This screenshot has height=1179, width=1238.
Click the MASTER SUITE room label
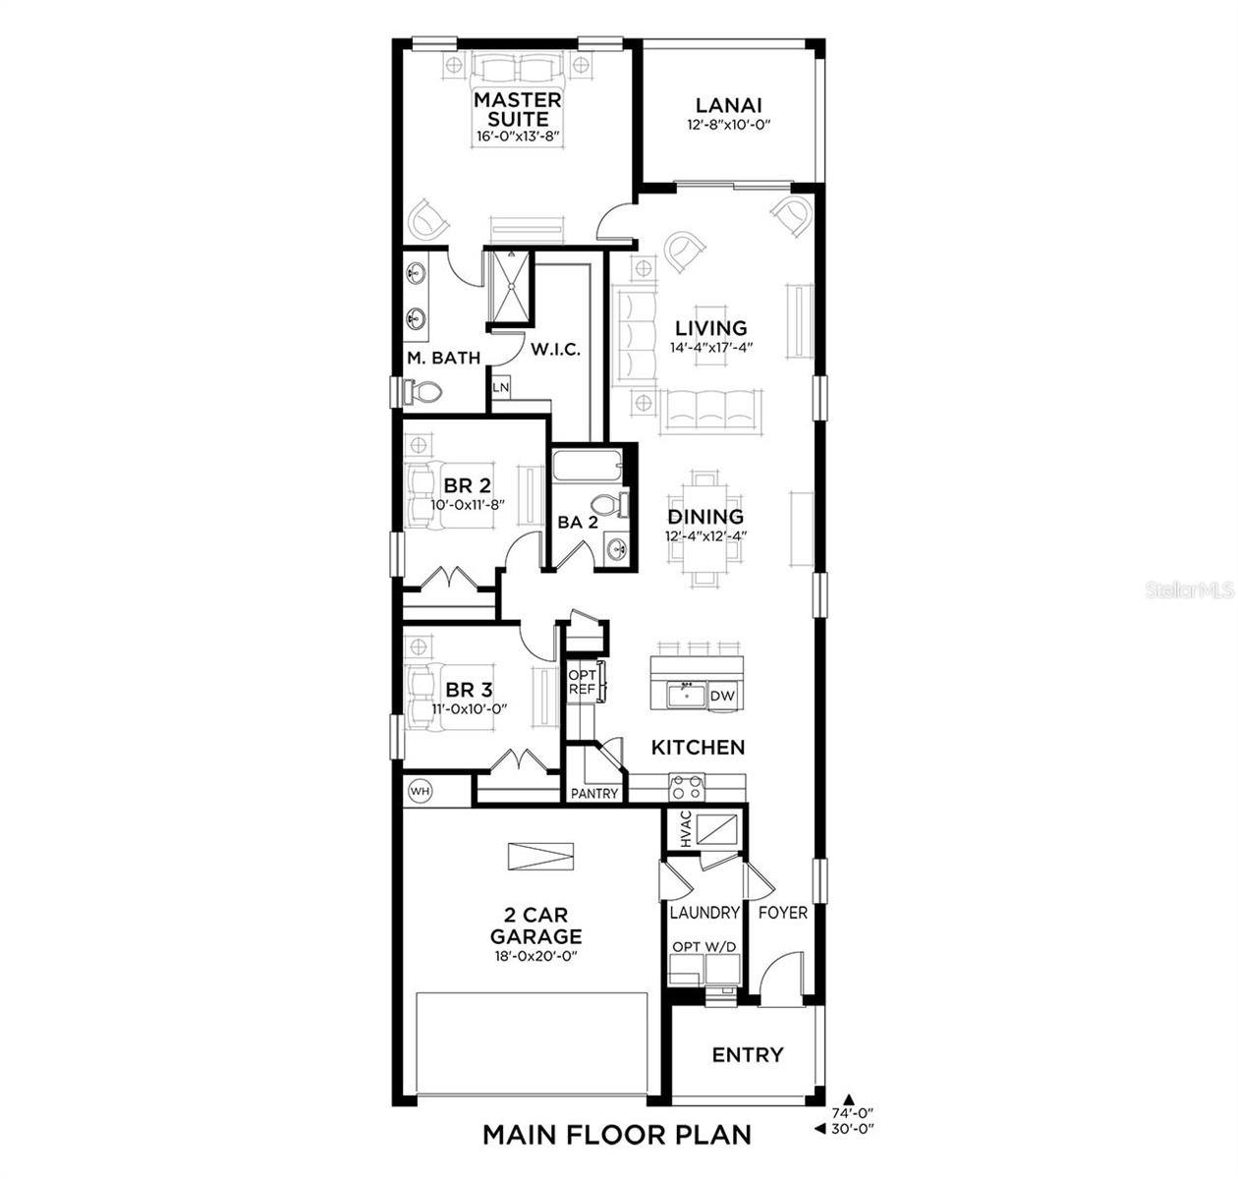[518, 109]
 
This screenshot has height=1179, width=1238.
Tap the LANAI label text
[729, 105]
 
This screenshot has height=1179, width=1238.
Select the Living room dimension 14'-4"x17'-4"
[710, 348]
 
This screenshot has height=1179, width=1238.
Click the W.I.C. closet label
[556, 349]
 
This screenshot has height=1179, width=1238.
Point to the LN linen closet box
[501, 387]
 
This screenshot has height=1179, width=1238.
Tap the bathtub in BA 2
[587, 465]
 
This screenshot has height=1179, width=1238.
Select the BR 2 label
[467, 485]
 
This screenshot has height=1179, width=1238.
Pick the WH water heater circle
[420, 790]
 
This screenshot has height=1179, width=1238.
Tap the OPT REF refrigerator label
[582, 682]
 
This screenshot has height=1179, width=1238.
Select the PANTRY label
[595, 793]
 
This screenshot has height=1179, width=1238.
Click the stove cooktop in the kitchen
[687, 786]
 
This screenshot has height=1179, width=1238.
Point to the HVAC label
[685, 830]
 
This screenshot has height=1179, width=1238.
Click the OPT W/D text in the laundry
[703, 946]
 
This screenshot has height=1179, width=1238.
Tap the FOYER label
[783, 913]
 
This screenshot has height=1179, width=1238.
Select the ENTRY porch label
[748, 1054]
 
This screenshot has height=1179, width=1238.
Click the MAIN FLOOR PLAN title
[617, 1135]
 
